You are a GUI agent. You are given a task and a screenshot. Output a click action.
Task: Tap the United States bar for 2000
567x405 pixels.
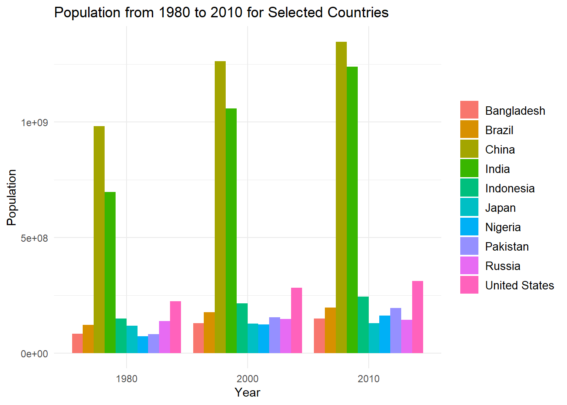(297, 320)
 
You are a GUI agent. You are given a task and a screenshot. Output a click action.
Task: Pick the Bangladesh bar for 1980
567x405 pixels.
(77, 343)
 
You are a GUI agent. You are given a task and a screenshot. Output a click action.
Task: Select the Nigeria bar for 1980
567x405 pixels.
(143, 345)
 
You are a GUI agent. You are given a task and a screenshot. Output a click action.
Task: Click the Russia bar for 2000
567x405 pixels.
(286, 336)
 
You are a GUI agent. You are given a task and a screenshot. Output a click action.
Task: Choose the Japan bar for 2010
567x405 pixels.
(374, 338)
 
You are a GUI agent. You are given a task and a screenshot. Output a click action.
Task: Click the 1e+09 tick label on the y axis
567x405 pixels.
(35, 123)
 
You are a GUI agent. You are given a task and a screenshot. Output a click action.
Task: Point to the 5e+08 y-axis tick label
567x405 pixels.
(35, 238)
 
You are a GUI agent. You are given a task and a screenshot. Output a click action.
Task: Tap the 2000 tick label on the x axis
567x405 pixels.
(248, 379)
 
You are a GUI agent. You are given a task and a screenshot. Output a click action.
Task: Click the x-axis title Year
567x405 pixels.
(248, 393)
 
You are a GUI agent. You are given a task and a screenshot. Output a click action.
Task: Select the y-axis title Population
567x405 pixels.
(12, 197)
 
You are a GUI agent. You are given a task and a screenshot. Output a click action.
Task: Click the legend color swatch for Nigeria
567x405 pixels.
(469, 227)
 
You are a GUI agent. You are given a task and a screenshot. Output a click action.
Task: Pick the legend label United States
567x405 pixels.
(519, 286)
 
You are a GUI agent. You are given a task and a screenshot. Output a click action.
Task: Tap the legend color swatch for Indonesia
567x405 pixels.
(469, 188)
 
